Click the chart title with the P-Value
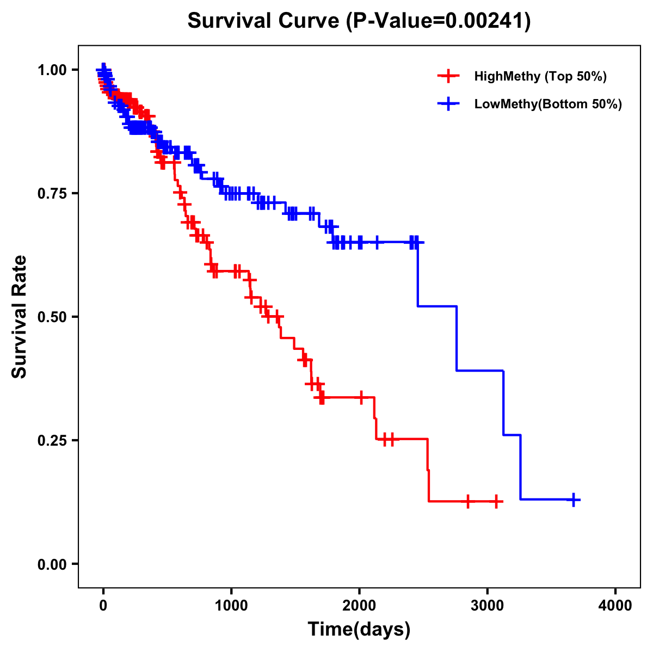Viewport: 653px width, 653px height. pos(359,21)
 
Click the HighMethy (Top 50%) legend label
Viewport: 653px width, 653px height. pos(540,76)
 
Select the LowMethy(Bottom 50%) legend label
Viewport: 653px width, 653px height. pos(548,104)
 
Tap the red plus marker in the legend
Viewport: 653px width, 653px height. pos(448,76)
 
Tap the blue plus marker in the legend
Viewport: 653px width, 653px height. pos(448,104)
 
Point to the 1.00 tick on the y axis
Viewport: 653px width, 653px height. pos(52,70)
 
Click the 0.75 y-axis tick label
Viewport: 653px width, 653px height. pos(52,193)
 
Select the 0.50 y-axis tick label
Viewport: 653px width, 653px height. pos(52,317)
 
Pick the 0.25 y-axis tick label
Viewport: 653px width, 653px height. pos(52,440)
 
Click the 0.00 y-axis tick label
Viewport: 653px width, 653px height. pos(52,564)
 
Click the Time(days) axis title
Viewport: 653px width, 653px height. pos(359,630)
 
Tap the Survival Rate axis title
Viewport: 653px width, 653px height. pos(20,316)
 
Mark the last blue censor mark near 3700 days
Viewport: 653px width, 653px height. pos(573,500)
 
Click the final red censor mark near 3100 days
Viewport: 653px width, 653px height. pos(496,501)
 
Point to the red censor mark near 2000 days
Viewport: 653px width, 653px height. pos(360,397)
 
